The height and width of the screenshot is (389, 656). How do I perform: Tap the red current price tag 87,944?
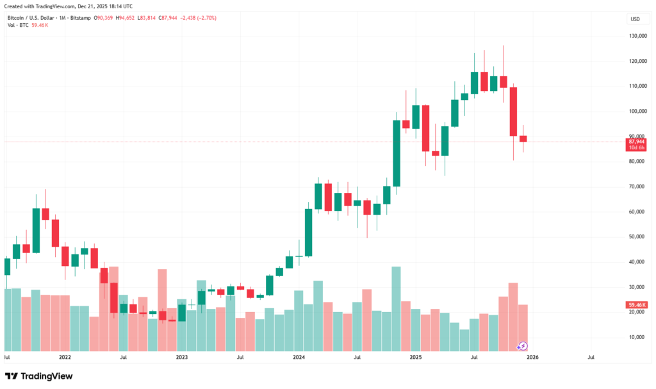coord(637,142)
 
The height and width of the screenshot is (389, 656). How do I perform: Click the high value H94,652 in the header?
coord(127,18)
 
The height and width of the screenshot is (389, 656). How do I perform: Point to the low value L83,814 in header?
coord(155,18)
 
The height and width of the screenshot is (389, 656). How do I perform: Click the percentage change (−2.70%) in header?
coord(206,18)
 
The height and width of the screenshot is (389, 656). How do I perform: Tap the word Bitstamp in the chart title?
coord(79,18)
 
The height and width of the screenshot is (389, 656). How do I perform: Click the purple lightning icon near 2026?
coord(522,346)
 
